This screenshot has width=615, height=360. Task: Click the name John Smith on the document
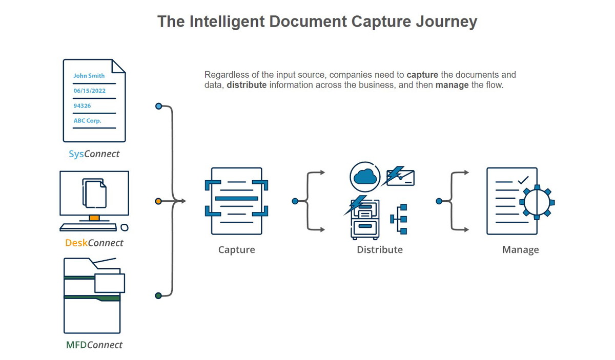(89, 75)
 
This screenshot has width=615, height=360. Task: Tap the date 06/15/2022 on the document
(89, 91)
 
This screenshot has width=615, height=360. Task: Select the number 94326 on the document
(82, 105)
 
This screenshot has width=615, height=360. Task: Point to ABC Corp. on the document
(88, 121)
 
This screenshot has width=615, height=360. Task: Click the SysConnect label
(94, 154)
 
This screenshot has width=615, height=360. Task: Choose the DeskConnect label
(94, 243)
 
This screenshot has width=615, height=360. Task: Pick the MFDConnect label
(94, 345)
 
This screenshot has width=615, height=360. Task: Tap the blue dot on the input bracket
(158, 106)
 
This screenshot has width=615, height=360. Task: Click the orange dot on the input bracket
(158, 201)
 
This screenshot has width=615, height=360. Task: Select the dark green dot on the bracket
(158, 295)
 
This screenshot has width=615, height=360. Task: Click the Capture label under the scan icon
(236, 250)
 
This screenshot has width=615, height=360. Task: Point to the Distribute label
(380, 250)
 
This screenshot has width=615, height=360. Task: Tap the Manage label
(520, 250)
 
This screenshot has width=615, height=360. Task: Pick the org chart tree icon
(399, 219)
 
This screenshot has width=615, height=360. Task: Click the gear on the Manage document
(537, 202)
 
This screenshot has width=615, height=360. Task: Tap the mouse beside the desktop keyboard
(125, 227)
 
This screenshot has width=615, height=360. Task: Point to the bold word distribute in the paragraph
(247, 85)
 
